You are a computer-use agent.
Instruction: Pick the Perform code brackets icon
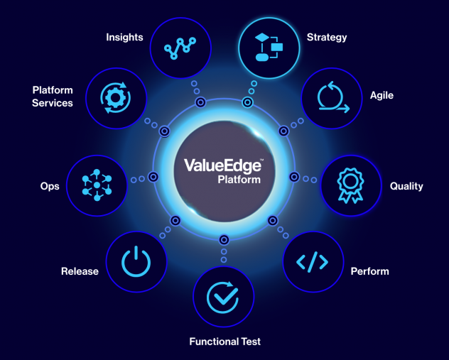(x=313, y=262)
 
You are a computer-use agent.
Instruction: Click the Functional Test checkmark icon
(x=223, y=296)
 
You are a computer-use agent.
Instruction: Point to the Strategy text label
(x=327, y=37)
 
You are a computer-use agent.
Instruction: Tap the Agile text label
(x=382, y=94)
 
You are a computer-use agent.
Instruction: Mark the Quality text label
(x=406, y=186)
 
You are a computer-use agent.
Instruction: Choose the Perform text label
(x=369, y=271)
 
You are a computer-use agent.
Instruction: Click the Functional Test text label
(x=224, y=342)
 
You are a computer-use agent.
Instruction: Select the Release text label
(x=80, y=271)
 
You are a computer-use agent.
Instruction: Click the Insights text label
(x=124, y=37)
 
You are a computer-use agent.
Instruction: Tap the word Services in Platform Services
(x=53, y=103)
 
